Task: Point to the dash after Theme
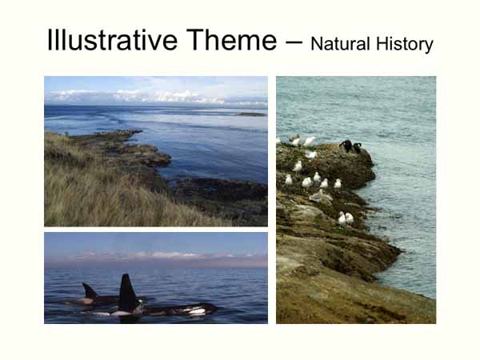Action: point(293,42)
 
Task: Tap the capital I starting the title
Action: point(50,40)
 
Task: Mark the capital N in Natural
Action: point(316,44)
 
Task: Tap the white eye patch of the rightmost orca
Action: point(196,311)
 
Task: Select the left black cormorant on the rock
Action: point(345,145)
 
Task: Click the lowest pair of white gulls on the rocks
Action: point(345,218)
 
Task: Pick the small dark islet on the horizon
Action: point(250,114)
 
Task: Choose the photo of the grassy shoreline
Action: point(156,151)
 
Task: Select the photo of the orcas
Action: point(156,278)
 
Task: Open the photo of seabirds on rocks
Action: point(356,200)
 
